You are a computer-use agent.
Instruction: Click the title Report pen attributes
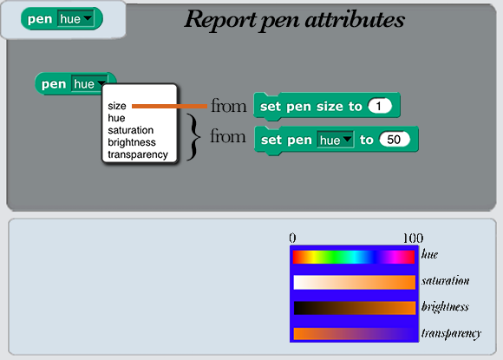(x=295, y=20)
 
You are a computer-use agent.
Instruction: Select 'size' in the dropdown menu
(x=117, y=106)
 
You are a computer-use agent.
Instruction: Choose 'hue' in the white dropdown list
(x=116, y=118)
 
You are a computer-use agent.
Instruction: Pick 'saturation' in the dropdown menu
(x=131, y=130)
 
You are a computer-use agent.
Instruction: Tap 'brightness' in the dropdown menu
(x=132, y=142)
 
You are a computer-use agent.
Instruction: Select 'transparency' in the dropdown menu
(x=138, y=154)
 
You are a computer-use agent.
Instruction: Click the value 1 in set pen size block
(x=380, y=106)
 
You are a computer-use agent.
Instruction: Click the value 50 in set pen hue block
(x=395, y=140)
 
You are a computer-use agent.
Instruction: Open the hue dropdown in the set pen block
(x=336, y=140)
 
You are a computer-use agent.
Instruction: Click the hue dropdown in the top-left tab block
(x=75, y=19)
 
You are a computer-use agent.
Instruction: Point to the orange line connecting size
(x=169, y=106)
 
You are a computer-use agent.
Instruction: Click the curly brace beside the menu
(x=193, y=137)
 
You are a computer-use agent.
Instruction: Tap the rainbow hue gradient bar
(x=354, y=257)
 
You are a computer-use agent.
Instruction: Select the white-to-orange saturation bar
(x=355, y=282)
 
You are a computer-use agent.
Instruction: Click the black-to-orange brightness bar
(x=355, y=308)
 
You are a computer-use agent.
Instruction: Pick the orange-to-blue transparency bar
(x=355, y=334)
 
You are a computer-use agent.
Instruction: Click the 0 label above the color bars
(x=292, y=238)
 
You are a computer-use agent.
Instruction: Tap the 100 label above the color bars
(x=413, y=239)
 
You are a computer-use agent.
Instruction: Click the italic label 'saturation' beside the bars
(x=445, y=281)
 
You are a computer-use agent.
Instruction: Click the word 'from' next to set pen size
(x=228, y=106)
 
